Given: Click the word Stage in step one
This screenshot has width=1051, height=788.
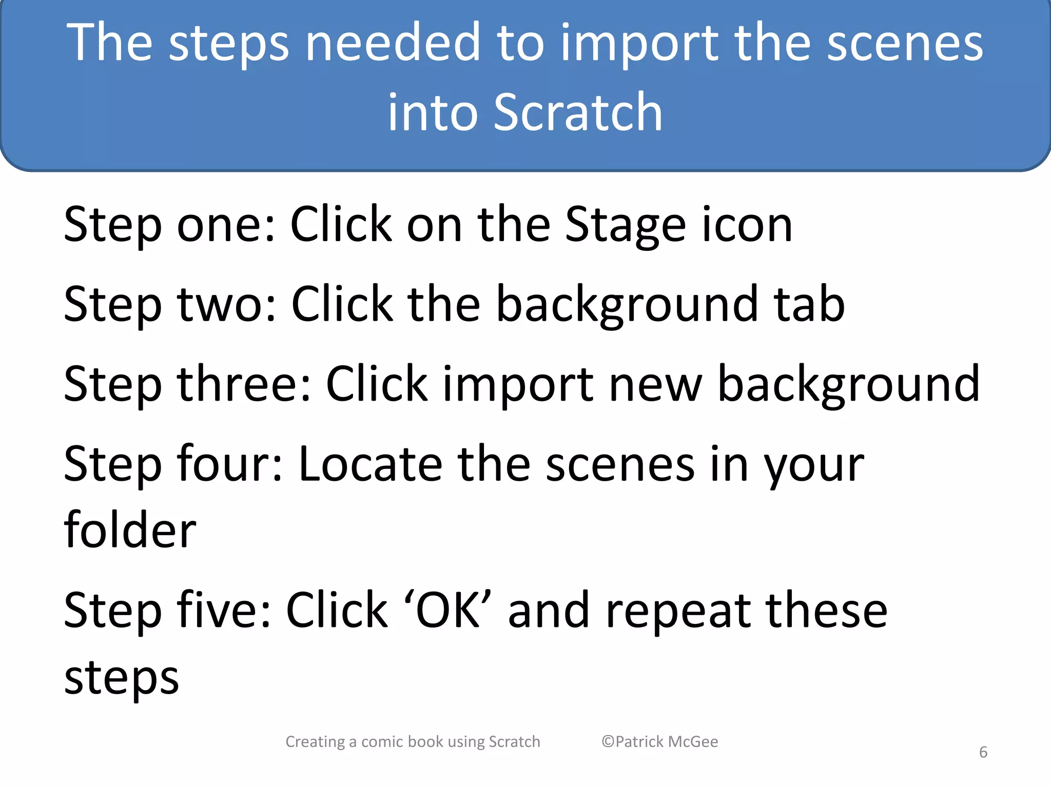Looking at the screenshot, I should point(625,226).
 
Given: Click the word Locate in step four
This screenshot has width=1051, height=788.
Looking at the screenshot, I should point(370,464).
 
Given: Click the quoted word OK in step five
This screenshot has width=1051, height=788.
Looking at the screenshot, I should point(448,610).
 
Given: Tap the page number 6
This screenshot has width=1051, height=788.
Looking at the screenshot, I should point(983,752).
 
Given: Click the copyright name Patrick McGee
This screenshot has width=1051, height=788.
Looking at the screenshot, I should point(666,742).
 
